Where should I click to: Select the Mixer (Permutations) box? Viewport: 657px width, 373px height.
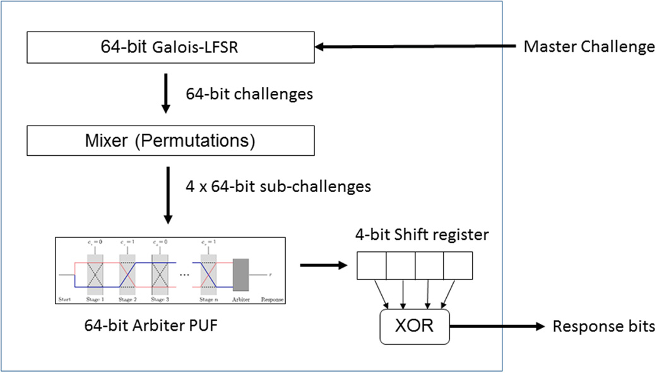click(170, 140)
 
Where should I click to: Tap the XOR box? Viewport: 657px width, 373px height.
click(415, 326)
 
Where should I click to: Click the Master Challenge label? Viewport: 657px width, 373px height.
click(589, 47)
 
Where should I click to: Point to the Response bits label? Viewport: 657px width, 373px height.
click(603, 326)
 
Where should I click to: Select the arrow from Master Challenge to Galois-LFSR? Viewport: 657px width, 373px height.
click(417, 47)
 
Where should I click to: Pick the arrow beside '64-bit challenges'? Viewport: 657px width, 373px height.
click(165, 93)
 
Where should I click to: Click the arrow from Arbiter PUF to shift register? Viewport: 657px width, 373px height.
click(324, 265)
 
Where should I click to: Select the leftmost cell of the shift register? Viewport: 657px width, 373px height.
click(371, 266)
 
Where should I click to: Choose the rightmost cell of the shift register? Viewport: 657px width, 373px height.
click(458, 266)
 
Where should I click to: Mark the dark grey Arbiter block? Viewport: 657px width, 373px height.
click(242, 275)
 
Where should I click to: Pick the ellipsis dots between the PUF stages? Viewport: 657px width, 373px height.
click(184, 276)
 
